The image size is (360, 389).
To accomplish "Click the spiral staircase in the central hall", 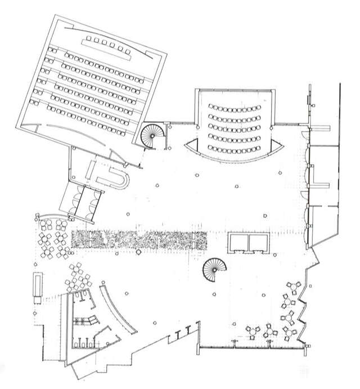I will (x=214, y=270).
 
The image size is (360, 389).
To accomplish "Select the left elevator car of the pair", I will (x=238, y=242).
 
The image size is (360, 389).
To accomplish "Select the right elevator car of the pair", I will (x=259, y=242).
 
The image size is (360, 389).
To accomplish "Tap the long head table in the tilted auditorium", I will (x=107, y=48).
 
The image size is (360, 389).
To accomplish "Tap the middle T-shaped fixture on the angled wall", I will (x=184, y=332).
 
